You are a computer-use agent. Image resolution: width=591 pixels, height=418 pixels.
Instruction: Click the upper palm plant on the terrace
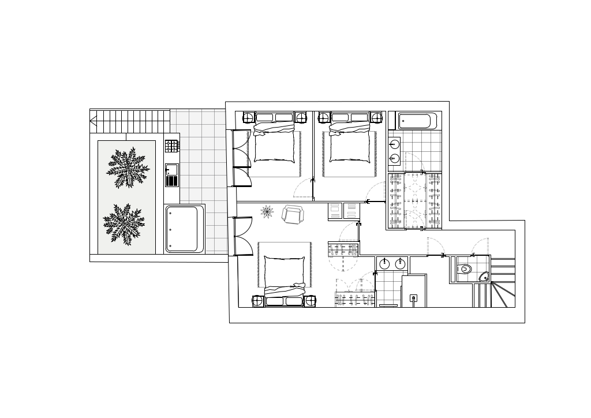point(128,168)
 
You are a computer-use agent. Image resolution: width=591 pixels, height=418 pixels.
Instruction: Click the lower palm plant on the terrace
point(124,224)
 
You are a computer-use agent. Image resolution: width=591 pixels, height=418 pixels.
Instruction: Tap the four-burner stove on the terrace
point(171,146)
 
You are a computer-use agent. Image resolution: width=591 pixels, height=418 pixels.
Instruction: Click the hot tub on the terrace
point(184,229)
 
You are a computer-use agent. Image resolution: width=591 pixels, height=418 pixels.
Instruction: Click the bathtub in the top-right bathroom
point(416,121)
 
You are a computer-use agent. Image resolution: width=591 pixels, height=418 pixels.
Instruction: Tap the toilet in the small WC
point(465,269)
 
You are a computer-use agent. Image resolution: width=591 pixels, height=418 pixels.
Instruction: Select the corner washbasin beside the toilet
point(484,277)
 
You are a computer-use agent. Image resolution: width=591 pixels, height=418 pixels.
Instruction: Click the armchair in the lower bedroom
point(293,215)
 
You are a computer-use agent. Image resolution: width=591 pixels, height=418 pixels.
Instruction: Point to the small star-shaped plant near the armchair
point(267,212)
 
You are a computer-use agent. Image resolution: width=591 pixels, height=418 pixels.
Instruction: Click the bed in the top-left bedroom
point(274,144)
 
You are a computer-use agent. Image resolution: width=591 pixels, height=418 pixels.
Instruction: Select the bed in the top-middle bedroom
point(350,144)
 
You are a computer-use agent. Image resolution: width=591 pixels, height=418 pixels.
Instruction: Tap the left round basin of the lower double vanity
point(384,264)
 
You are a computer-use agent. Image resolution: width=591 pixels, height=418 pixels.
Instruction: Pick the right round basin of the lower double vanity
point(400,264)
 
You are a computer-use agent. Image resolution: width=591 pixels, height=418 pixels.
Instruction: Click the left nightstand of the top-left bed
point(248,118)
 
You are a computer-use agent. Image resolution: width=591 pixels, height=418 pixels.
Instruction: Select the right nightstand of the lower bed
point(311,301)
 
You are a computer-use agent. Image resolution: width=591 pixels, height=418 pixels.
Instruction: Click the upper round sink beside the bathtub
point(395,144)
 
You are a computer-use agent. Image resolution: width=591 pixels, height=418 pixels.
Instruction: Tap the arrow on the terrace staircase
point(93,121)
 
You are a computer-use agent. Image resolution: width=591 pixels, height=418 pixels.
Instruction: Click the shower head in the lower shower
point(413,298)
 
